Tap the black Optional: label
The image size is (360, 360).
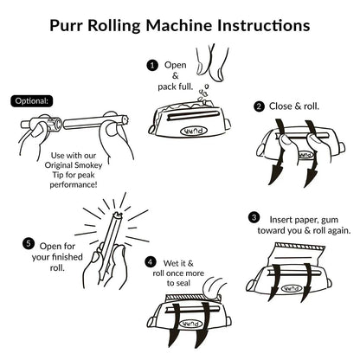[x=31, y=100]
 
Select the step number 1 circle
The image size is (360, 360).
[x=152, y=65]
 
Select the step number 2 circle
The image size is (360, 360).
[x=258, y=106]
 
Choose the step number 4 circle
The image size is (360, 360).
[x=151, y=260]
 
